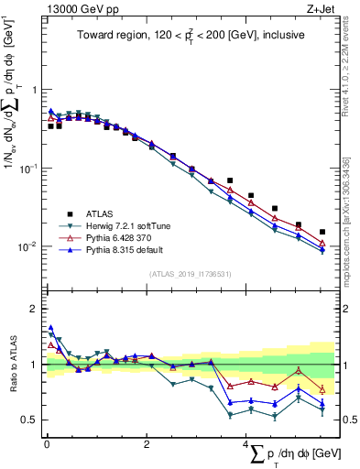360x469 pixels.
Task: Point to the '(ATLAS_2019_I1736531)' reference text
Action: point(191,273)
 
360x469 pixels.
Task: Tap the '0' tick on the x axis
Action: point(47,443)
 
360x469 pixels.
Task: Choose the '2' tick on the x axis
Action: point(147,443)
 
